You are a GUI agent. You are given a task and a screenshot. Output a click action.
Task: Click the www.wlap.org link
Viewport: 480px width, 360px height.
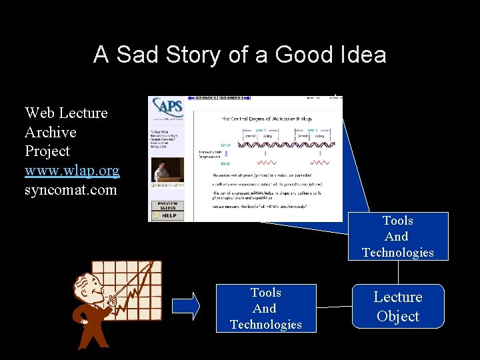pyautogui.click(x=72, y=171)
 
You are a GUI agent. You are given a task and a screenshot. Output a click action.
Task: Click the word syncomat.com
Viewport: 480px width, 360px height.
pyautogui.click(x=70, y=190)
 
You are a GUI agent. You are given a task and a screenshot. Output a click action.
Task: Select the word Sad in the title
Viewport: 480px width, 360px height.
pyautogui.click(x=136, y=55)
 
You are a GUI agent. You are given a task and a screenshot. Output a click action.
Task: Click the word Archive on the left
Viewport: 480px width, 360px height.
pyautogui.click(x=51, y=132)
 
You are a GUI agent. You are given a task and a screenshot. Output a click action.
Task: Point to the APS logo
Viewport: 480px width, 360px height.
pyautogui.click(x=167, y=107)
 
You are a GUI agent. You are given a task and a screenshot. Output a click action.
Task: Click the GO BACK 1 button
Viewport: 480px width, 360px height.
pyautogui.click(x=205, y=98)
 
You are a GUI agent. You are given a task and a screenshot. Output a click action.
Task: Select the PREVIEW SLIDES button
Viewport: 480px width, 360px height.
pyautogui.click(x=167, y=205)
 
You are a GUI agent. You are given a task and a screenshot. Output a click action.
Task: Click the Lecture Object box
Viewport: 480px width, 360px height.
pyautogui.click(x=397, y=307)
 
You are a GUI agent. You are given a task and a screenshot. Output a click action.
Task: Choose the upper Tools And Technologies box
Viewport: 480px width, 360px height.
pyautogui.click(x=397, y=237)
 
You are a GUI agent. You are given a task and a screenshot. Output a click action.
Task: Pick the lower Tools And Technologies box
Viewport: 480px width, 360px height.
pyautogui.click(x=265, y=309)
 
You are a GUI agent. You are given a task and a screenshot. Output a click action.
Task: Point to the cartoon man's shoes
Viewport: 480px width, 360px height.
pyautogui.click(x=87, y=344)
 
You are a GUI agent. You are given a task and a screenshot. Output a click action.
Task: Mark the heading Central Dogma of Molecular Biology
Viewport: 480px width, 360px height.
pyautogui.click(x=267, y=118)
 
